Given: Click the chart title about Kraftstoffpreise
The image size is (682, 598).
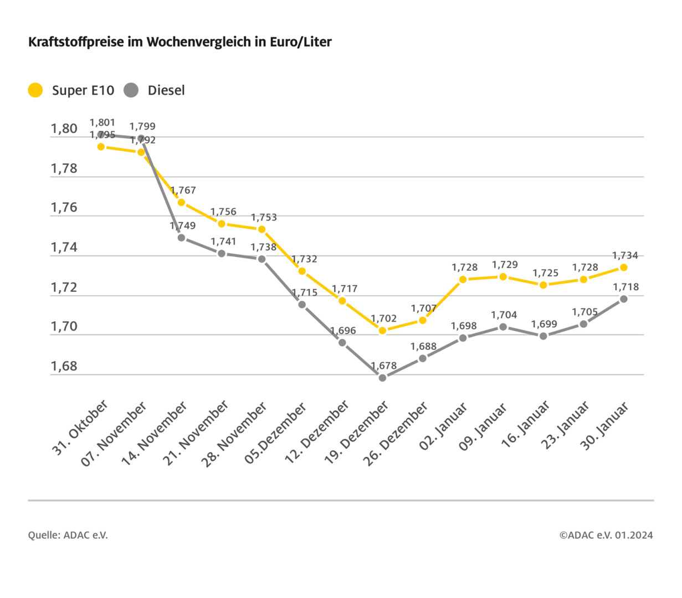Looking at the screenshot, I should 180,42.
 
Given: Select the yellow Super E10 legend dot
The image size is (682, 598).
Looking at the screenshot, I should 35,90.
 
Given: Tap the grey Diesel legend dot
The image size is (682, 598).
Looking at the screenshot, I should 131,90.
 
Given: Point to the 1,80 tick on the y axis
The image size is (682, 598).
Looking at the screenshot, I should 64,129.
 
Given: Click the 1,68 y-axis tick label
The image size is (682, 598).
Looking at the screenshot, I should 64,367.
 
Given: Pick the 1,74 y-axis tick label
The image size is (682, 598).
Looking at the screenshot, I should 64,248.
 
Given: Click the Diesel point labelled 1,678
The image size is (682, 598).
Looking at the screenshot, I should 382,378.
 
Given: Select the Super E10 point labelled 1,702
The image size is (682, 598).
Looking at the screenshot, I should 382,331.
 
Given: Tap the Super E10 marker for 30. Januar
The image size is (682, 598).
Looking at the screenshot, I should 623,267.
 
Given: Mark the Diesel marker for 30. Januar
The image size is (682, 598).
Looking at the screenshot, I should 623,299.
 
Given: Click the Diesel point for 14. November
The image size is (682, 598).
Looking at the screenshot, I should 181,238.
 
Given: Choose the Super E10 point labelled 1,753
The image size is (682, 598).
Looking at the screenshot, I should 261,229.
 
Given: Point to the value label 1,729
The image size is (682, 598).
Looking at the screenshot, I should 505,265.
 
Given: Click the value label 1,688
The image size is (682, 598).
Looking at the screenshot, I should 423,347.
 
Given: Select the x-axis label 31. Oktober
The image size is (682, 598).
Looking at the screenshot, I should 81,427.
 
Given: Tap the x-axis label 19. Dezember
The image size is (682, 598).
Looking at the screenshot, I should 356,433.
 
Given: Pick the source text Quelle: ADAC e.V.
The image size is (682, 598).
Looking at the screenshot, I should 68,535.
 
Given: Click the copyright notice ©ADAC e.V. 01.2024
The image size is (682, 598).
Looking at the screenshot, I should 606,535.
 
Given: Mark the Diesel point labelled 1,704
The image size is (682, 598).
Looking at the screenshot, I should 503,327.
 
